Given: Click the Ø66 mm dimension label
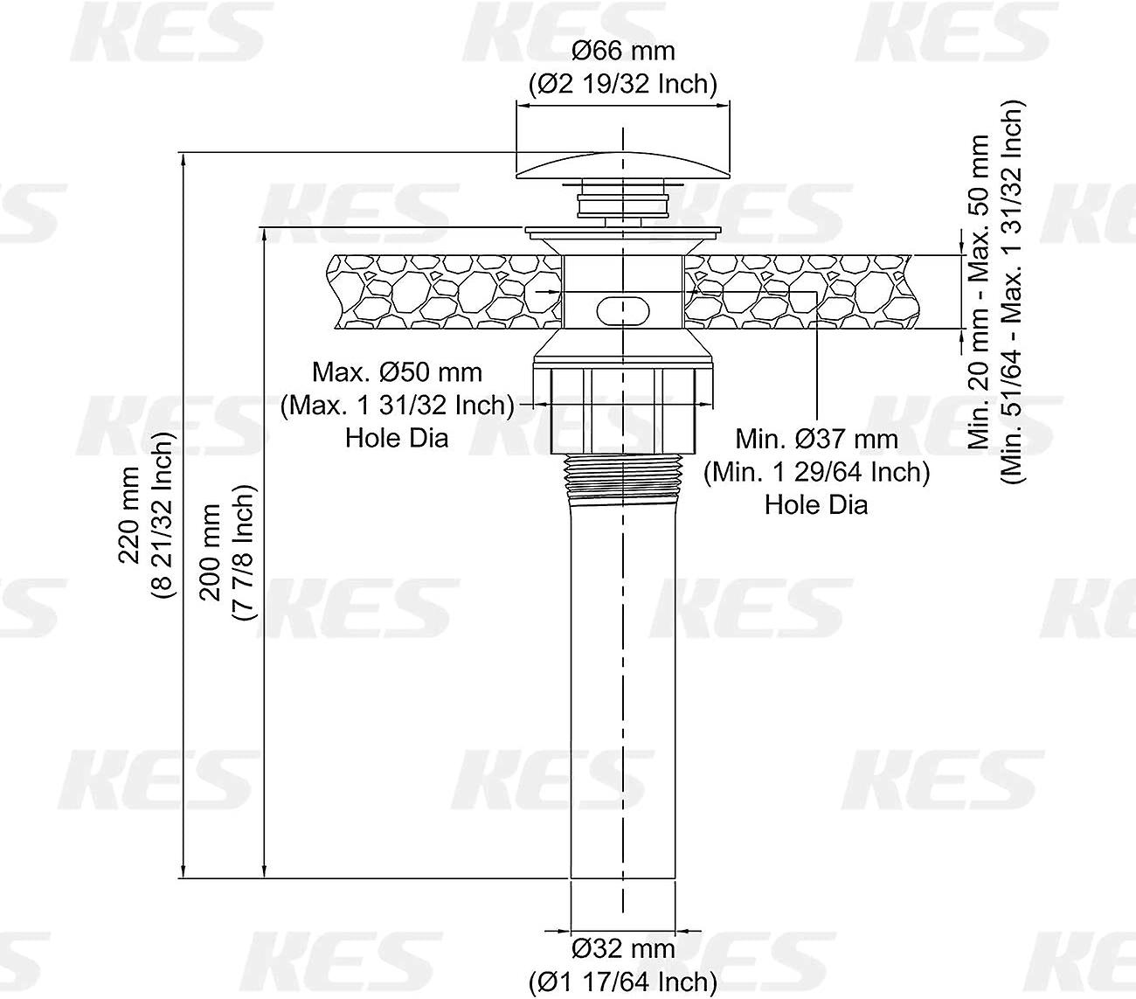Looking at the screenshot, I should (623, 52).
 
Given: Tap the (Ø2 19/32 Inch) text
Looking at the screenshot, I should (623, 84).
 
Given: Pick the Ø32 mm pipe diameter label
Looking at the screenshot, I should (623, 948).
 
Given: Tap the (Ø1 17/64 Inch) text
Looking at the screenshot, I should (623, 981).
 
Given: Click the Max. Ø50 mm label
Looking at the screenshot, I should (397, 372).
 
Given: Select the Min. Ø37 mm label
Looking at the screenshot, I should (816, 439).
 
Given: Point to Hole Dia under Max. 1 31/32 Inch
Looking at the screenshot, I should (397, 437).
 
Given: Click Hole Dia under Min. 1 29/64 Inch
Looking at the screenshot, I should (816, 504).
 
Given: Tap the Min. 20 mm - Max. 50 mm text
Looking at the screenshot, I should (979, 292).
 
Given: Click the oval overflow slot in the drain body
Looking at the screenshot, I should (623, 309).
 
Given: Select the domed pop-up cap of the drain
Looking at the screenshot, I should (623, 165).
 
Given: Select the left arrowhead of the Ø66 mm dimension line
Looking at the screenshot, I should (522, 104).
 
